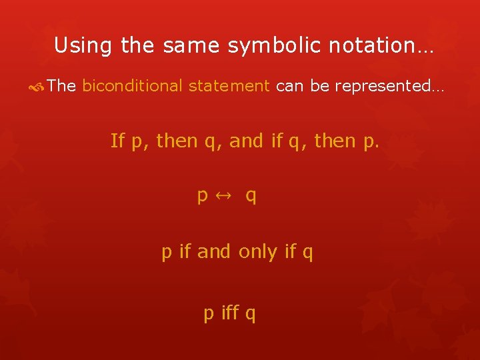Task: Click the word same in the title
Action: click(x=191, y=45)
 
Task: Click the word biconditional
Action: click(x=132, y=86)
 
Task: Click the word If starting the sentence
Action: click(x=117, y=141)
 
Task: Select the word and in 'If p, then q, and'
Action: click(x=248, y=141)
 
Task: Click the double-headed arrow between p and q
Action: click(x=223, y=196)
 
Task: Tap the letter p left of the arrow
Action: click(x=203, y=197)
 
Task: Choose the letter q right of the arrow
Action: click(x=251, y=197)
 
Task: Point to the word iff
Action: click(x=229, y=313)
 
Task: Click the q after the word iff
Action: click(x=251, y=314)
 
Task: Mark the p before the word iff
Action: click(x=209, y=314)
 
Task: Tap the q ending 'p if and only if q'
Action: click(x=308, y=253)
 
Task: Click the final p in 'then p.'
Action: click(x=371, y=142)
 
